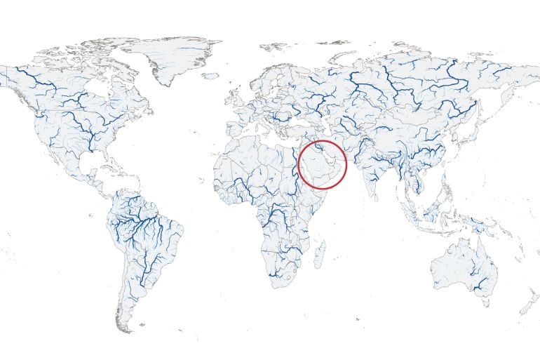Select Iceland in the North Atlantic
tap(212, 76)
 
